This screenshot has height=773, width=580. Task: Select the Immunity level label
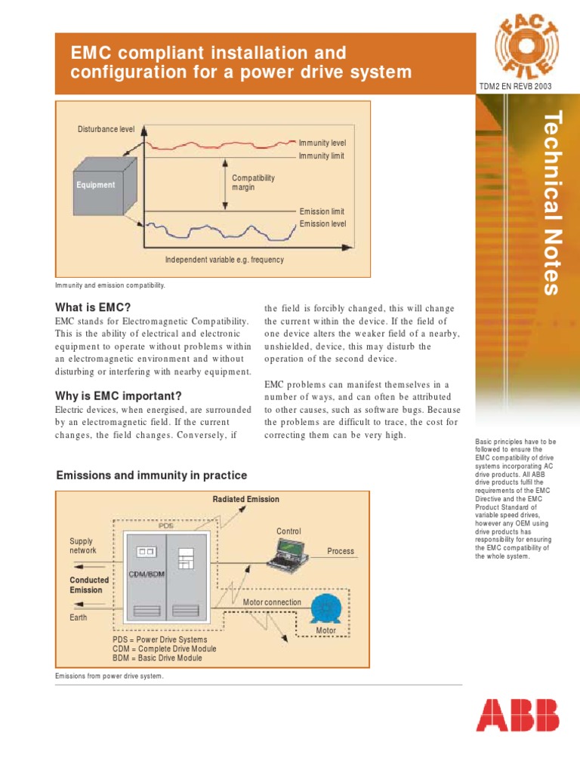322,143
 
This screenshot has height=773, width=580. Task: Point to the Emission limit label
322,212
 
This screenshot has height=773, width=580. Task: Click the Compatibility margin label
253,183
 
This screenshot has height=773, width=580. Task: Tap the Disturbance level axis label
106,129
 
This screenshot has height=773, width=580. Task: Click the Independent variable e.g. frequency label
224,260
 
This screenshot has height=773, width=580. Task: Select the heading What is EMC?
93,307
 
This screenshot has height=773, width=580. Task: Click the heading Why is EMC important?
119,396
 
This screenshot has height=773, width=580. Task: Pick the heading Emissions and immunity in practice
152,476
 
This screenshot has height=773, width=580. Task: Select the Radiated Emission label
245,499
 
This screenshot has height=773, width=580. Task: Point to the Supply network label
83,546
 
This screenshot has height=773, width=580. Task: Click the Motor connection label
272,602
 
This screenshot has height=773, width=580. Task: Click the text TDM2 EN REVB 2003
515,87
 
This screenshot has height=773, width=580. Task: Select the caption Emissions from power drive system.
109,676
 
